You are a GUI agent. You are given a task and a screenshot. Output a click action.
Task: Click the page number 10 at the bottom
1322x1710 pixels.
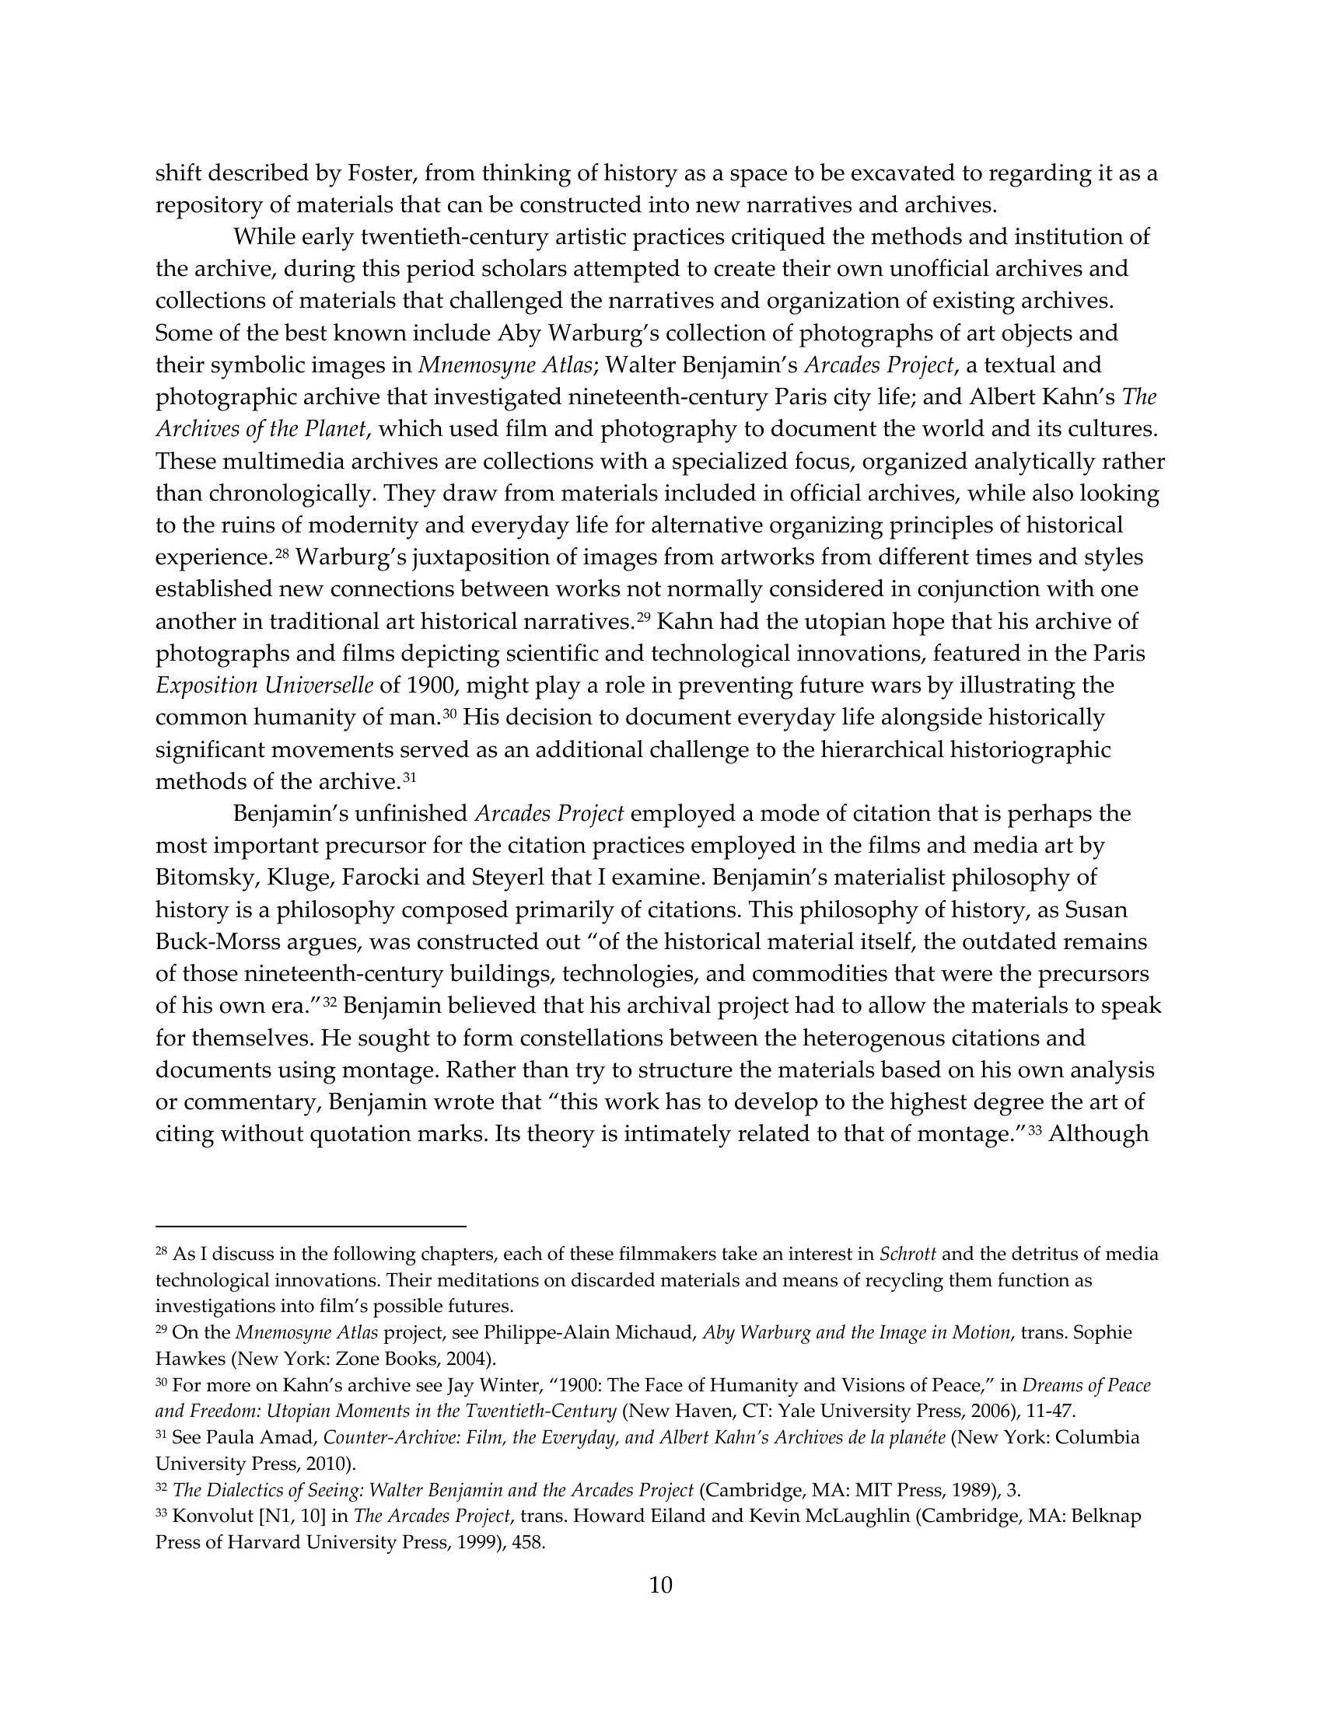[x=660, y=1586]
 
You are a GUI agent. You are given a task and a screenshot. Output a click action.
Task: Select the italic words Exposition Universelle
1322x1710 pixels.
[x=264, y=685]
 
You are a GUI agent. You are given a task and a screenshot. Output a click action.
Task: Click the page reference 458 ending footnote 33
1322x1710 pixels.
[x=528, y=1542]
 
